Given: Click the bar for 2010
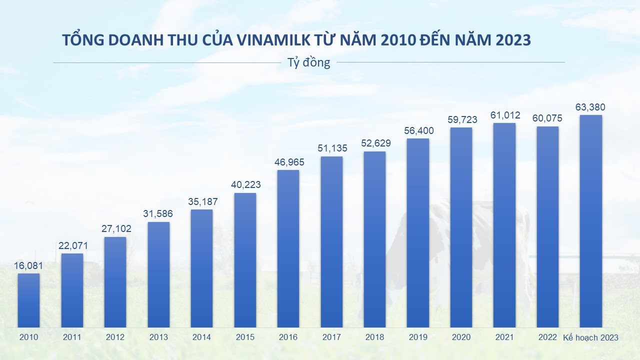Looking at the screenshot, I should coord(28,300).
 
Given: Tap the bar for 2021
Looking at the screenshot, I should coord(504,225).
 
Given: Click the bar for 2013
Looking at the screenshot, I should coord(158,274).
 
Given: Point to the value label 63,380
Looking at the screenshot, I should coord(590,107).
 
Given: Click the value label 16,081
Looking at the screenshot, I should coord(28,266).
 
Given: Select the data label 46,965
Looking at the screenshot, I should coord(288,162).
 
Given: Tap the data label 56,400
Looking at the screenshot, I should coord(418,131).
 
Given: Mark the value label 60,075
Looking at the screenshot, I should coord(547,118).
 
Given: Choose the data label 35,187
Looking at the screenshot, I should coord(202,202).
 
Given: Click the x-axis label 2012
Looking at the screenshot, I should coord(115,337).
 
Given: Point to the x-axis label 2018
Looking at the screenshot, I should coord(374,337).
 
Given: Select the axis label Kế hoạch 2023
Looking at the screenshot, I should coord(590,337).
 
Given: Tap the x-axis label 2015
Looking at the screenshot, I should coord(245,337).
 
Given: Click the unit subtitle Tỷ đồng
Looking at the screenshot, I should coord(308,63).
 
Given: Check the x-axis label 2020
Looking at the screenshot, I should coord(461,337).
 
